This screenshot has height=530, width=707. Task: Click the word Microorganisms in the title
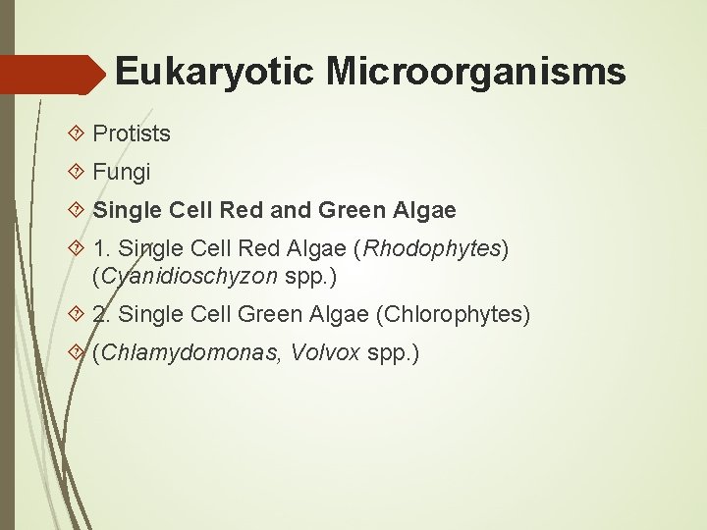[476, 72]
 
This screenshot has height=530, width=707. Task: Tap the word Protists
[132, 133]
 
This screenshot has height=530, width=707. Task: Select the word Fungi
[122, 173]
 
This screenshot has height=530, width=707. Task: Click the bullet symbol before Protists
[80, 133]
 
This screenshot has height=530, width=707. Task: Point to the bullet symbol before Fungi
[80, 173]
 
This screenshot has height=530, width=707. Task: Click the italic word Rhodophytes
[432, 249]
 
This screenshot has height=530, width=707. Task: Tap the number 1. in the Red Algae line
[102, 249]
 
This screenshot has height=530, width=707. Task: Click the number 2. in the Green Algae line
[102, 315]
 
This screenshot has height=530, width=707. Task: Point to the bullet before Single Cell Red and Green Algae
[80, 210]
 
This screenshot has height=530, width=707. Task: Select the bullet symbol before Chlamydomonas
[80, 353]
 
